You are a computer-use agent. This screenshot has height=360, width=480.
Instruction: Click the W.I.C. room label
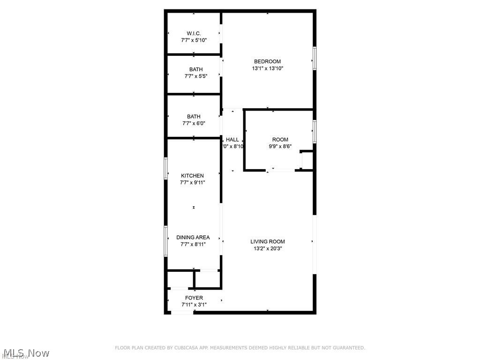[x=194, y=33]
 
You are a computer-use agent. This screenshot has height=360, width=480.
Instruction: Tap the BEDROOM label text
[x=267, y=61]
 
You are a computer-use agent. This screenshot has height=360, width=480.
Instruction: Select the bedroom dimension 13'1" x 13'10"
[x=267, y=68]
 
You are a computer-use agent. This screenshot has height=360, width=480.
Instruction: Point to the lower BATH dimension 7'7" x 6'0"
[x=194, y=123]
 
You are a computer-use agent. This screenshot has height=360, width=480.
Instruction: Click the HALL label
[x=232, y=140]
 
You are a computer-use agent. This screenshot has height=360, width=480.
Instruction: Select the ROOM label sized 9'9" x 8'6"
[x=280, y=140]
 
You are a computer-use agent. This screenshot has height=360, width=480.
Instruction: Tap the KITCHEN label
[x=193, y=176]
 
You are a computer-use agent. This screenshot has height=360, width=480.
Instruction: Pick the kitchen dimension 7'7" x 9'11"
[x=193, y=183]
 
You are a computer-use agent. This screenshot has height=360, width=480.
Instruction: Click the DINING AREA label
[x=193, y=237]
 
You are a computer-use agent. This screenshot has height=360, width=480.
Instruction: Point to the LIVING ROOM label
[x=267, y=242]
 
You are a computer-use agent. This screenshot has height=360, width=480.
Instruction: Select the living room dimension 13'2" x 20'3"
[x=267, y=248]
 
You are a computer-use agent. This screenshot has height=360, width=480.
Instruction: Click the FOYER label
[x=194, y=298]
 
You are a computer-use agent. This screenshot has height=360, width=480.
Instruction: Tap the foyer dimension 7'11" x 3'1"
[x=194, y=305]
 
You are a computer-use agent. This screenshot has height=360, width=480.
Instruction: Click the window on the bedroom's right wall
[x=315, y=59]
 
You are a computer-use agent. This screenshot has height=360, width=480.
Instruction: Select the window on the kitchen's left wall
[x=165, y=168]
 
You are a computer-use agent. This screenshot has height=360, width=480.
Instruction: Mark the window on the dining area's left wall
[x=165, y=241]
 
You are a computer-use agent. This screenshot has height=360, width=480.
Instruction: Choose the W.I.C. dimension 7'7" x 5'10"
[x=194, y=40]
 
